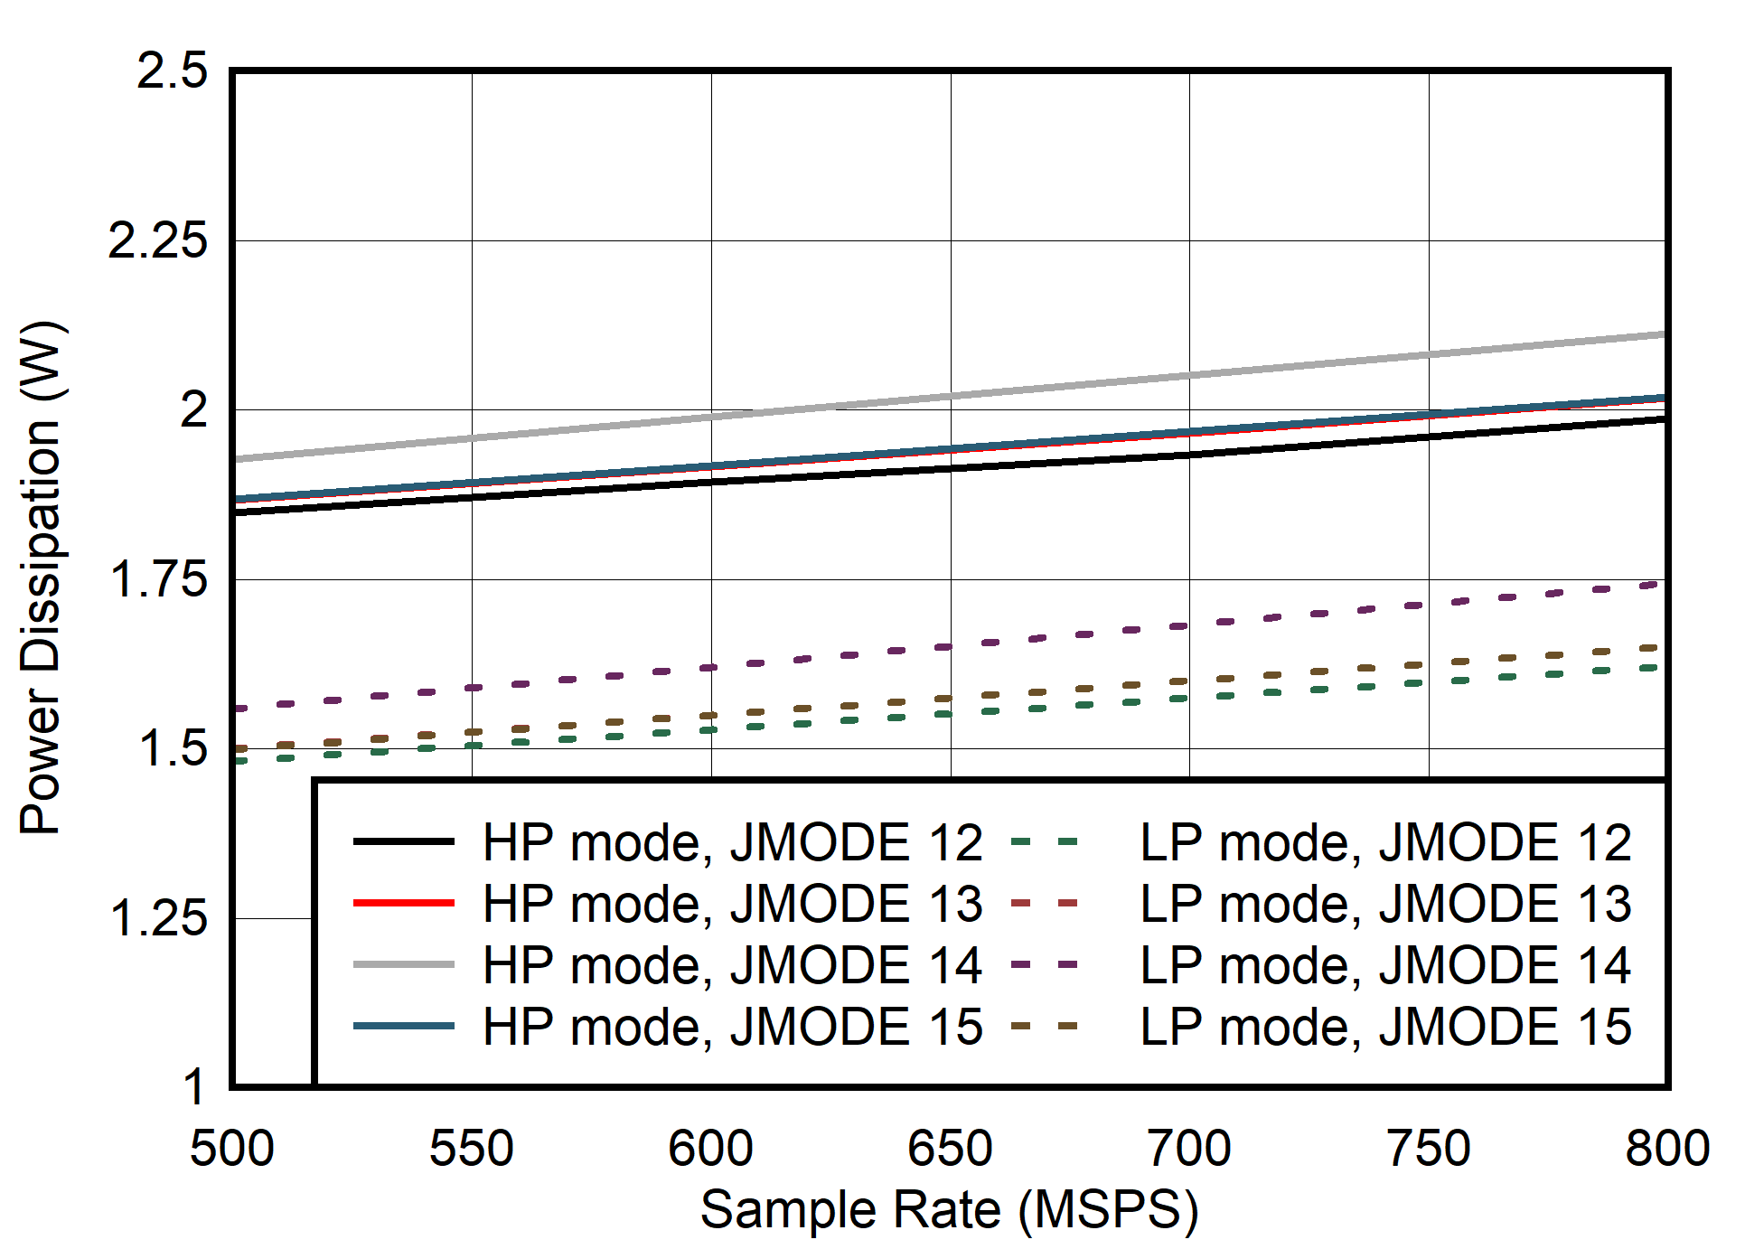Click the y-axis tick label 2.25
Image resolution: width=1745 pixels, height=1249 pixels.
[157, 240]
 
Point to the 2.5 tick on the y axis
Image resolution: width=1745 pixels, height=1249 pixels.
[172, 70]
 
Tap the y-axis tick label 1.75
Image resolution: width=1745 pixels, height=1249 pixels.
[157, 579]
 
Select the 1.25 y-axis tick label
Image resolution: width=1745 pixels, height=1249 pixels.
[157, 918]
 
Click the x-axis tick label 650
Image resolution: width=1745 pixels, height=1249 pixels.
[950, 1150]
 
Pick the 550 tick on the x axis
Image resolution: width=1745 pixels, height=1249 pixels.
[471, 1150]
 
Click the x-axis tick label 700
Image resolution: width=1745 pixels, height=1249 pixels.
[1188, 1150]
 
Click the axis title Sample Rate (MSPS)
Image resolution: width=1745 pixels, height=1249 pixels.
[950, 1209]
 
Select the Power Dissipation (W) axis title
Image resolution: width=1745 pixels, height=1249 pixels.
[42, 578]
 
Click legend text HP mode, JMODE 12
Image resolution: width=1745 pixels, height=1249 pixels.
[732, 842]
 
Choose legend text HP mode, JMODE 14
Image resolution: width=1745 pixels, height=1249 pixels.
[732, 965]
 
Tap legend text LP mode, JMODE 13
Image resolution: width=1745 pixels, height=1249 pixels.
[1385, 904]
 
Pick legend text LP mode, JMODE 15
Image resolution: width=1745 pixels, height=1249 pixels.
[1385, 1027]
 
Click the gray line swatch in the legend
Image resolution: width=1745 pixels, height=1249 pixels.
[403, 965]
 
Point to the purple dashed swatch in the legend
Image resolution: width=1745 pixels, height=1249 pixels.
[1045, 965]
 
